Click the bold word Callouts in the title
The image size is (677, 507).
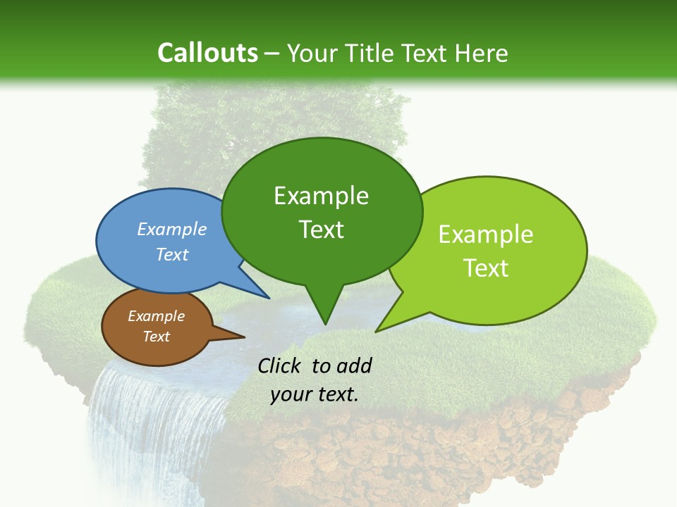click(207, 53)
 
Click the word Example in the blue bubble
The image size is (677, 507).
click(172, 229)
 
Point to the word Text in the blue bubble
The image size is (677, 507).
click(172, 254)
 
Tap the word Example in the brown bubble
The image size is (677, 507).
click(157, 316)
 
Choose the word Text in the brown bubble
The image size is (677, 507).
click(157, 337)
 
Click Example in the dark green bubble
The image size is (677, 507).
click(321, 196)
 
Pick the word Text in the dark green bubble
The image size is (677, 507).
click(321, 229)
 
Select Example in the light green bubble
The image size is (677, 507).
click(486, 234)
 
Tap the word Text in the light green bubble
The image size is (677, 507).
click(486, 268)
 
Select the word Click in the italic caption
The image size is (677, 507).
click(281, 365)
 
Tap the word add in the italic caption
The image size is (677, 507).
click(355, 365)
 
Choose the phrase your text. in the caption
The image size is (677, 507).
click(315, 394)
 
